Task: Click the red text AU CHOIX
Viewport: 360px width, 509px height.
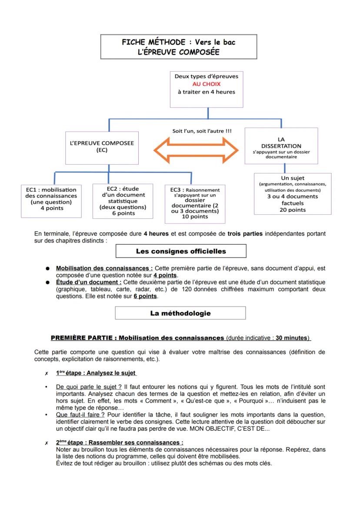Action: point(207,84)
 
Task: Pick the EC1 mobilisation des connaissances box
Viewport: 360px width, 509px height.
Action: point(51,199)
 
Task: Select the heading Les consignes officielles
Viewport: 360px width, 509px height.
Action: point(181,251)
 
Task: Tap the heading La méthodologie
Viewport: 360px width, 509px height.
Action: point(180,313)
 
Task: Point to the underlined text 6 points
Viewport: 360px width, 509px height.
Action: point(145,296)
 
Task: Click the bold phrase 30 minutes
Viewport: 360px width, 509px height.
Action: point(291,337)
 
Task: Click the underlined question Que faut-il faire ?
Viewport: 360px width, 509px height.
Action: point(77,414)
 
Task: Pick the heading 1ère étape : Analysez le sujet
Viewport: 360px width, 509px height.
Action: point(96,373)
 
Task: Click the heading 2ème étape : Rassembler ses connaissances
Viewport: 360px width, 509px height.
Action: point(120,442)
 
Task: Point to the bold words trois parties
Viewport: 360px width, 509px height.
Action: point(245,233)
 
